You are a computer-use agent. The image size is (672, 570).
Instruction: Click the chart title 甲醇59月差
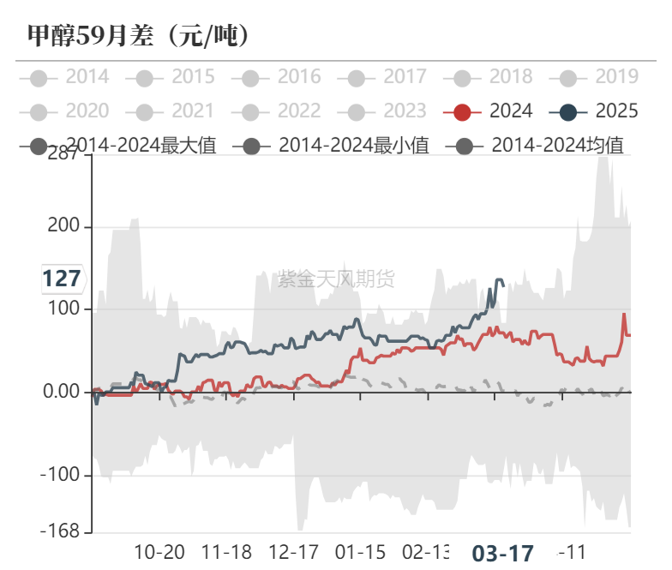click(137, 35)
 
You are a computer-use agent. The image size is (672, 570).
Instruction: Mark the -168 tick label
click(62, 531)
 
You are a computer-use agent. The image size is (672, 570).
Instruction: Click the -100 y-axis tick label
click(62, 475)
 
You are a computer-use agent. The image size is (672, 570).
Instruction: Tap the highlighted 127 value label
click(62, 279)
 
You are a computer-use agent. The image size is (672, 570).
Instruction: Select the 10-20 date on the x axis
click(160, 551)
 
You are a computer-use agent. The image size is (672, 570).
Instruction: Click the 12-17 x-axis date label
click(293, 551)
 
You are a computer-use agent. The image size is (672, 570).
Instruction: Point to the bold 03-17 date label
click(503, 553)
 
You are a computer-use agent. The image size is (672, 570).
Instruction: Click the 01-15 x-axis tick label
click(360, 551)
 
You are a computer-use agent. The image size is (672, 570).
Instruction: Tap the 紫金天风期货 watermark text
click(336, 279)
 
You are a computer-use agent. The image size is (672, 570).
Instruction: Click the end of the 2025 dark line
click(503, 283)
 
